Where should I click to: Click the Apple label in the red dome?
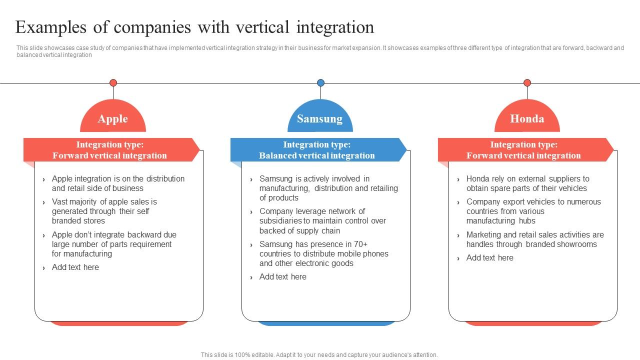tap(113, 119)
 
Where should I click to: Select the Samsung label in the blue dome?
tap(319, 119)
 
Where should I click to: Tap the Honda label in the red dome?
tap(527, 119)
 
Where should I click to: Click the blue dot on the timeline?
tap(320, 83)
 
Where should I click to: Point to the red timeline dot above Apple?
tap(113, 83)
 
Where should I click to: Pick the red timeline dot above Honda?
tap(527, 83)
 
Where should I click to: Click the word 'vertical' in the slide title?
tap(258, 27)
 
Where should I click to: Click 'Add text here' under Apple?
tap(75, 267)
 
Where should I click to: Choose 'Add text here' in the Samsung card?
tap(283, 277)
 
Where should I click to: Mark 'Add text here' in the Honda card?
tap(490, 258)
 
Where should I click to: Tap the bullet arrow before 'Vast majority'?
tap(44, 202)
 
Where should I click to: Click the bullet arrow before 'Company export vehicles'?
tap(458, 202)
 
